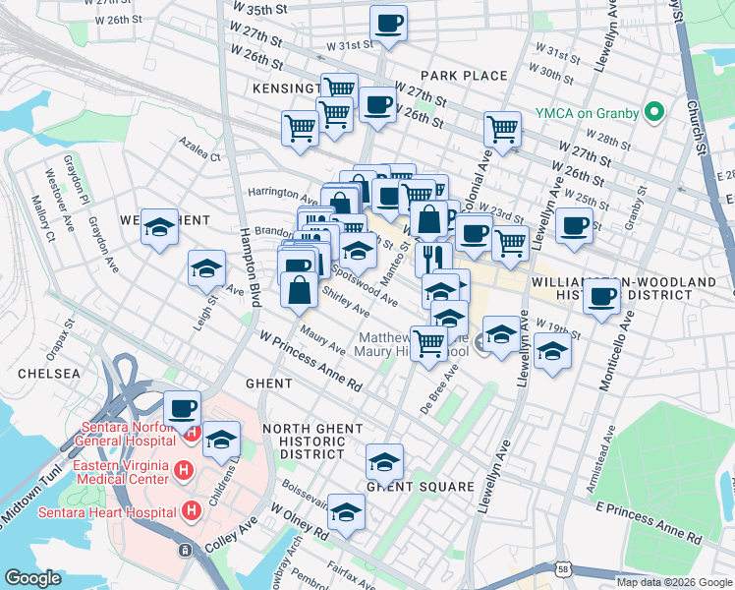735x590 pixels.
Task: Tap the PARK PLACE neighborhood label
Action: pyautogui.click(x=464, y=76)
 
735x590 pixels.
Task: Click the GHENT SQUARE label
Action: pyautogui.click(x=420, y=487)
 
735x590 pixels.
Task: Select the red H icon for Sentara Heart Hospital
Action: pyautogui.click(x=192, y=511)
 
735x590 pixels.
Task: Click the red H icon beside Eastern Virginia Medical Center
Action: pyautogui.click(x=182, y=472)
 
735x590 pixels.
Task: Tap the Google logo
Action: pyautogui.click(x=33, y=578)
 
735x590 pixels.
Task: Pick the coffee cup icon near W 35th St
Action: pyautogui.click(x=388, y=25)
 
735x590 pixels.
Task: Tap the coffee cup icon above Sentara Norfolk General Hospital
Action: pyautogui.click(x=181, y=408)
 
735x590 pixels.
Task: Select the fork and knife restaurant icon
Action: pyautogui.click(x=432, y=259)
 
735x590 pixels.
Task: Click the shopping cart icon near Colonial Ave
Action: pyautogui.click(x=502, y=129)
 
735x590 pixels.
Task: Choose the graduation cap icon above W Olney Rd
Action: pyautogui.click(x=346, y=512)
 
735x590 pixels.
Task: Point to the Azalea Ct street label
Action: pyautogui.click(x=199, y=153)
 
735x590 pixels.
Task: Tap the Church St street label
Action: pyautogui.click(x=693, y=128)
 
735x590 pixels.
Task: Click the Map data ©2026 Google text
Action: pyautogui.click(x=673, y=581)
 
